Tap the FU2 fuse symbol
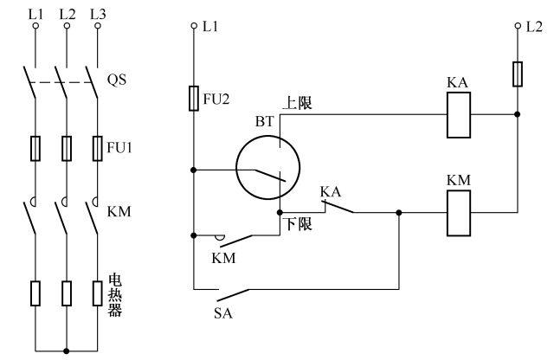[194, 99]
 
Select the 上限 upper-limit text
[296, 102]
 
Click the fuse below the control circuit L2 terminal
[517, 74]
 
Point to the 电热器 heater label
[114, 295]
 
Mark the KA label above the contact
[331, 190]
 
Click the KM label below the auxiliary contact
[223, 258]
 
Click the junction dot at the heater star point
[66, 350]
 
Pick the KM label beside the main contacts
[118, 210]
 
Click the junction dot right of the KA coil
[517, 114]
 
